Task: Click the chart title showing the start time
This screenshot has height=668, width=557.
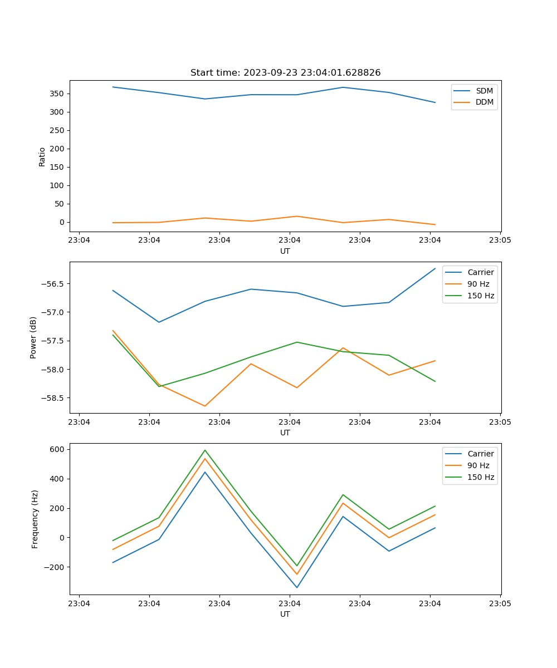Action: [285, 73]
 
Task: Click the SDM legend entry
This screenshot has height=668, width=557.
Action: [484, 91]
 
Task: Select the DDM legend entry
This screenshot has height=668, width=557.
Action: [484, 102]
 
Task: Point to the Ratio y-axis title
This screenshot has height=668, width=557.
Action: [42, 156]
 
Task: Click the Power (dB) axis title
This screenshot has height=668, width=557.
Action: [33, 337]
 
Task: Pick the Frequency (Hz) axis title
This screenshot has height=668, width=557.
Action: [35, 519]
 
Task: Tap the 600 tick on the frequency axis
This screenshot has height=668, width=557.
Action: [58, 449]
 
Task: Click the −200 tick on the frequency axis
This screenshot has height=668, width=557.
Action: [56, 567]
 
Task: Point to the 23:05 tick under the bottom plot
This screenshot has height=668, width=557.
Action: [500, 603]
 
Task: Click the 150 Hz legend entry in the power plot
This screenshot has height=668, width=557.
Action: [481, 296]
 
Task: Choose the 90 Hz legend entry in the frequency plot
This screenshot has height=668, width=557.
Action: [481, 465]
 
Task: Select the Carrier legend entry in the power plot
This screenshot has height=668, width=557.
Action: [481, 272]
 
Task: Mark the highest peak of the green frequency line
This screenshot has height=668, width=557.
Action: [205, 450]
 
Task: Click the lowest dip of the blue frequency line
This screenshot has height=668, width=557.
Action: [297, 587]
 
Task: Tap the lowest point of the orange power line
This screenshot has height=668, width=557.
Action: [205, 406]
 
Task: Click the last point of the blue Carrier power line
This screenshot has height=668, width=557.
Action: [435, 268]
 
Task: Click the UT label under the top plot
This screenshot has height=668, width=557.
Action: [285, 251]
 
